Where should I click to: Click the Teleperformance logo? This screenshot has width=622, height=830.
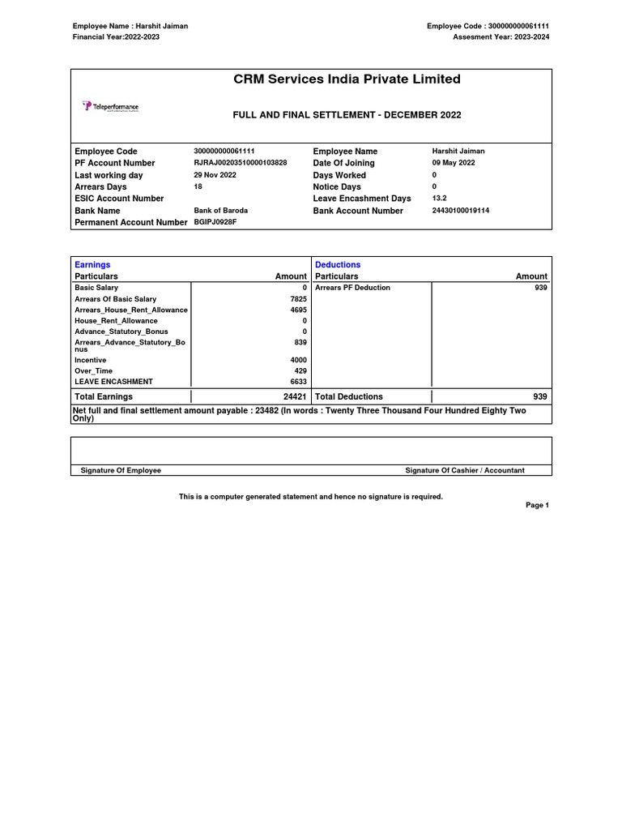click(x=110, y=106)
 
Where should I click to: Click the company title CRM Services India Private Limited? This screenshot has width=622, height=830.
click(x=347, y=79)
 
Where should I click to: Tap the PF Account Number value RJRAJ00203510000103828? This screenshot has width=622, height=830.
click(x=241, y=163)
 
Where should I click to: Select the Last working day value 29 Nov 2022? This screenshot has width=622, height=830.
click(x=215, y=175)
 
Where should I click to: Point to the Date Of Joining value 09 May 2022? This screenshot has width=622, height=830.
click(x=454, y=163)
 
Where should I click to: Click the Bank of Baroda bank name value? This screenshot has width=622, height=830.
click(x=221, y=211)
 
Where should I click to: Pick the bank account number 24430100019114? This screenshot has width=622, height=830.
click(x=461, y=211)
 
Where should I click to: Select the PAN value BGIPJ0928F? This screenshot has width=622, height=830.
click(x=215, y=222)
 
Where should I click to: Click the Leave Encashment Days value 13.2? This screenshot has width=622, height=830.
click(x=440, y=199)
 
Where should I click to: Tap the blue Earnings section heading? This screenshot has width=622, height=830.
click(x=92, y=265)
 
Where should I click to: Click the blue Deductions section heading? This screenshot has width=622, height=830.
click(x=338, y=265)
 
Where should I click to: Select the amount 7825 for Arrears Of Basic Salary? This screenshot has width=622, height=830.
click(x=299, y=299)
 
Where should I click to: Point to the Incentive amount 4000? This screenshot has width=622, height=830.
click(x=299, y=360)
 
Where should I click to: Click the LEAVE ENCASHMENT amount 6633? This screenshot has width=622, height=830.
click(x=299, y=382)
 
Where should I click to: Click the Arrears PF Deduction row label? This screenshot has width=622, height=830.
click(x=352, y=288)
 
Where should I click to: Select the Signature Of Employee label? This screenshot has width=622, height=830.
click(x=121, y=470)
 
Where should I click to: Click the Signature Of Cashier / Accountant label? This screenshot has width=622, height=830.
click(x=465, y=470)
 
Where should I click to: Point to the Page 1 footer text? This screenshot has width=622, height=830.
click(x=537, y=505)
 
